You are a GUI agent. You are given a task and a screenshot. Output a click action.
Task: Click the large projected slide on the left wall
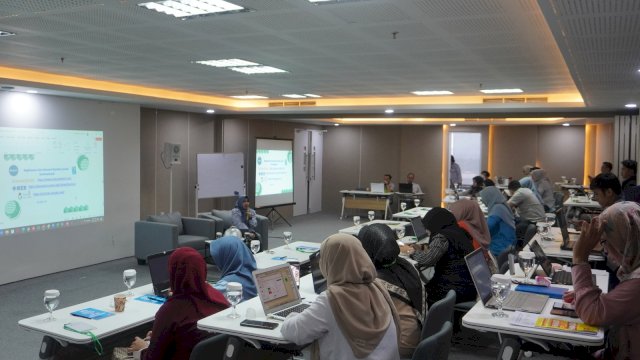click(50, 180)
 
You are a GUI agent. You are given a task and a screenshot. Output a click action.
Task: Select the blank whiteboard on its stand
click(220, 175)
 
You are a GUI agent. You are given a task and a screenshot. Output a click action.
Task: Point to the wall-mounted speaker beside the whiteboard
click(172, 154)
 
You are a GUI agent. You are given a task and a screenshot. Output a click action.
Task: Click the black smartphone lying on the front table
click(259, 324)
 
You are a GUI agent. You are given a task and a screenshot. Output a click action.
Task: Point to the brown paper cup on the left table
click(120, 302)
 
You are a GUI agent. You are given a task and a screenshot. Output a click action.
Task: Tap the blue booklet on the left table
click(92, 314)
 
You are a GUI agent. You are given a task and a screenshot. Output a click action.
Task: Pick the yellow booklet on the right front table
click(570, 325)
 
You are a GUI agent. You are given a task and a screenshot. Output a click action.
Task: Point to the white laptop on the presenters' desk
click(377, 187)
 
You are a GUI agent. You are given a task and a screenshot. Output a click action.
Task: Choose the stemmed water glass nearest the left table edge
click(51, 300)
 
